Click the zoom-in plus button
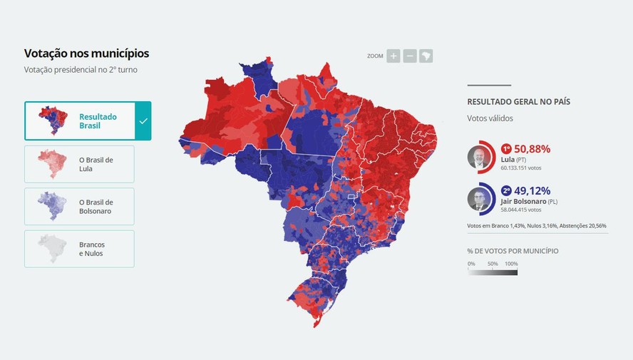(393, 56)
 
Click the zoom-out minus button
(410, 56)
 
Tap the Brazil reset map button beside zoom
(426, 56)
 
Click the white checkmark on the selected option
(143, 121)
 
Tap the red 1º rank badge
(507, 149)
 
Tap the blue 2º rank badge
(507, 191)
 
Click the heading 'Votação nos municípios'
(86, 53)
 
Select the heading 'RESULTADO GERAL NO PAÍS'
(518, 102)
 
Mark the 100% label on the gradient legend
(511, 264)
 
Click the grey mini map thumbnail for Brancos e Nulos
(52, 249)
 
